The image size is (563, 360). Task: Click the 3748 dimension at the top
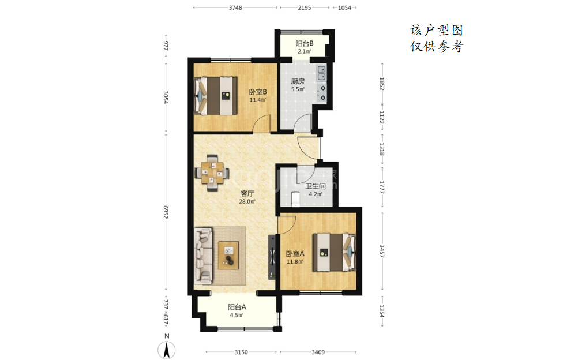[x=235, y=7]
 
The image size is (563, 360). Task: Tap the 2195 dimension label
[x=305, y=7]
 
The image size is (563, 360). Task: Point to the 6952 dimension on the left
[x=166, y=212]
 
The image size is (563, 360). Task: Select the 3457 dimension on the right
[x=382, y=251]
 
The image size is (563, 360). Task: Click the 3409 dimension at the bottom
[x=318, y=352]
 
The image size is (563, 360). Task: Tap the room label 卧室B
[x=258, y=92]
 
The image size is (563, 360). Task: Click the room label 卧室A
[x=295, y=254]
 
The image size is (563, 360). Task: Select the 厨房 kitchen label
[x=298, y=81]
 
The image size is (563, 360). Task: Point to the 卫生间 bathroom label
[x=316, y=186]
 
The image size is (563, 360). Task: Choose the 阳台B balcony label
[x=305, y=43]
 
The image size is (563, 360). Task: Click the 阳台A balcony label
[x=237, y=307]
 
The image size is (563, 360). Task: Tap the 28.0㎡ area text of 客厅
[x=247, y=201]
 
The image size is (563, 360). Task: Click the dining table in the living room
[x=212, y=173]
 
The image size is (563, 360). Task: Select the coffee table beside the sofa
[x=228, y=256]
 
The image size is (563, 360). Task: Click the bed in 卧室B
[x=215, y=96]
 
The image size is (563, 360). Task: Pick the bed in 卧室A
[x=334, y=253]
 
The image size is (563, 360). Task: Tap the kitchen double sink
[x=321, y=73]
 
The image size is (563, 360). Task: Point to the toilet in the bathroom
[x=295, y=200]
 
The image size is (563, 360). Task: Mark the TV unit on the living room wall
[x=272, y=257]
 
